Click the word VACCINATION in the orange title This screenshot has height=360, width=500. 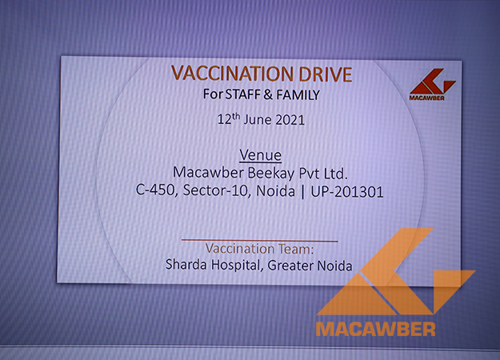(232, 74)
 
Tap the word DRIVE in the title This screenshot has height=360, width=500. (326, 74)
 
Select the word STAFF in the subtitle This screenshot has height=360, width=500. (243, 94)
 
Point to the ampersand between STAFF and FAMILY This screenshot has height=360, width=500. (268, 94)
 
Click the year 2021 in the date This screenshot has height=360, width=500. (290, 120)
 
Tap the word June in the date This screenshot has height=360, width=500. (258, 120)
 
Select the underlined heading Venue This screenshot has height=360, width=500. (261, 155)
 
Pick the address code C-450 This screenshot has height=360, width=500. (155, 190)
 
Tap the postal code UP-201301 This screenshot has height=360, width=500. (347, 192)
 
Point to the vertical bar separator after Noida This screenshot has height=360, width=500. (302, 192)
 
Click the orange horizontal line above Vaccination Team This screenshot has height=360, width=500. (259, 240)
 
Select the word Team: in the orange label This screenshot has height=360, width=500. (296, 249)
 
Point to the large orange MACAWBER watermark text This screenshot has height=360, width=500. (376, 329)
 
